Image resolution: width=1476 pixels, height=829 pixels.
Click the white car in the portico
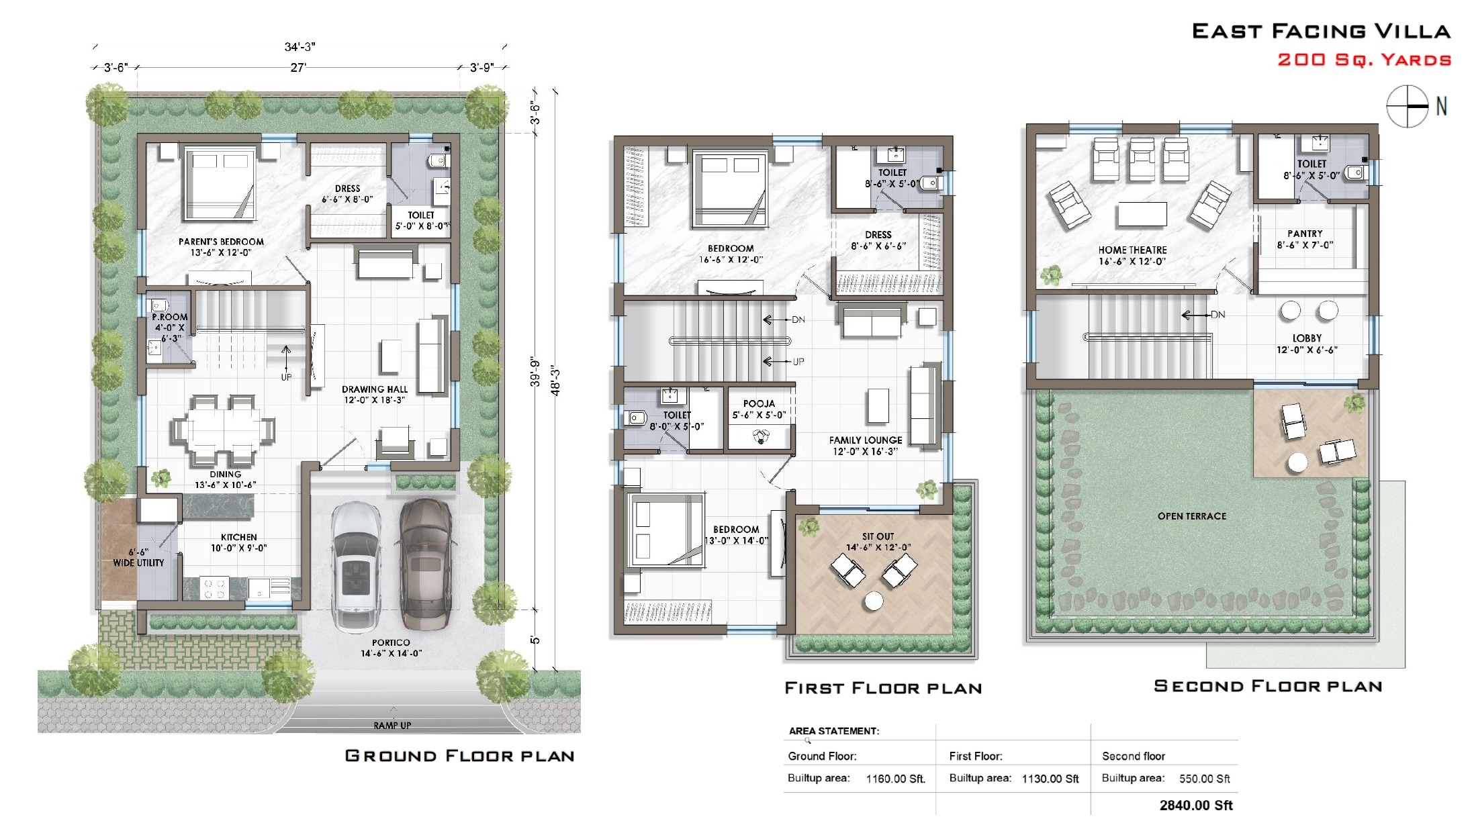356,566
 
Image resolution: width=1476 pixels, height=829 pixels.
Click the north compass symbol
1408,106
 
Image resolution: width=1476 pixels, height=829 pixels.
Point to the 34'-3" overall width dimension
299,47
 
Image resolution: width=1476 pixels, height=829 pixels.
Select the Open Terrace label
1191,516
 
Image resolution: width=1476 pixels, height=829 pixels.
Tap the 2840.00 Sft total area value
1195,805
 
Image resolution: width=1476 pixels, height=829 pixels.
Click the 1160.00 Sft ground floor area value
895,779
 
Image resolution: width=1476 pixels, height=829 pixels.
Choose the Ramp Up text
392,725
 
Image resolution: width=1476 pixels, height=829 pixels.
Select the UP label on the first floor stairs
798,361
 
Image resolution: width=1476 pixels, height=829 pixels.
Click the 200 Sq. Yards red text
1364,60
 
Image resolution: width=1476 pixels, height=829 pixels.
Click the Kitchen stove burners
214,589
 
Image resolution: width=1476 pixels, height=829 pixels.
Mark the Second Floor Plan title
1267,686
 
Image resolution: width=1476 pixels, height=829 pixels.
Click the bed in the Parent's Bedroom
219,185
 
